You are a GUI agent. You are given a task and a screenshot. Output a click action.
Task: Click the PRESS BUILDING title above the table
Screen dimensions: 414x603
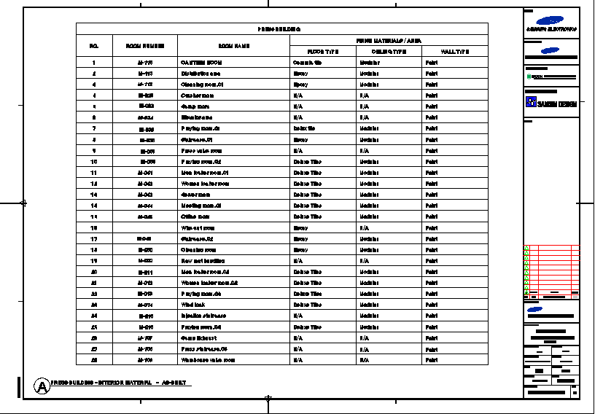click(x=279, y=29)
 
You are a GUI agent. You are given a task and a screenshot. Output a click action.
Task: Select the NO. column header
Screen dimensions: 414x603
click(x=94, y=46)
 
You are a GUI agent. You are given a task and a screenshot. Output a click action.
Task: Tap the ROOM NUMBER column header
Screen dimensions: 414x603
click(x=145, y=46)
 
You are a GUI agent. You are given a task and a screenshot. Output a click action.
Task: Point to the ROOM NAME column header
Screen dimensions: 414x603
click(x=233, y=46)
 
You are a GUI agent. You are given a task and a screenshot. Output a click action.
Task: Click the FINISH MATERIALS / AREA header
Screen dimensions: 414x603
click(x=388, y=40)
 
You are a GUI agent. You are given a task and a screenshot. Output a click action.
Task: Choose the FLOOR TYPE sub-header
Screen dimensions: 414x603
click(x=322, y=52)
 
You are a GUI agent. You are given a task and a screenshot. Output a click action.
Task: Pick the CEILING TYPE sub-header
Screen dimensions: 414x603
click(x=389, y=52)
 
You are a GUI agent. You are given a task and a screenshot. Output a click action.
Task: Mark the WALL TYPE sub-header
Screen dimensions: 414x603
click(x=455, y=52)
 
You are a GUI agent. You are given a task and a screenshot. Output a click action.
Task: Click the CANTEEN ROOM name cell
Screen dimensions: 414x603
click(x=201, y=63)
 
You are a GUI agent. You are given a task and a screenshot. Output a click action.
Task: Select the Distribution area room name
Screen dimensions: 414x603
click(x=201, y=74)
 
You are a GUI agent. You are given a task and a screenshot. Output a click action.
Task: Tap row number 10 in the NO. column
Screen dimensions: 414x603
click(x=94, y=162)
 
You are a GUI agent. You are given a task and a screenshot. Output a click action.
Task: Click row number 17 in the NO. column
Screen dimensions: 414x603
click(x=94, y=238)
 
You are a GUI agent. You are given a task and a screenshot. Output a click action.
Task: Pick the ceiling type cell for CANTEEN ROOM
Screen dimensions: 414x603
click(x=370, y=63)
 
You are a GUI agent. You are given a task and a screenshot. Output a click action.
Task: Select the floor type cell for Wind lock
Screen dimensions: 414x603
click(x=307, y=305)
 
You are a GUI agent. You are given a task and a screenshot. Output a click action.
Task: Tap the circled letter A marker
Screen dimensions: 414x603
click(x=42, y=386)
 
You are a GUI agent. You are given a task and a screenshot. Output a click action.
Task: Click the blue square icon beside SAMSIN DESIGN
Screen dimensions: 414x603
click(x=531, y=103)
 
